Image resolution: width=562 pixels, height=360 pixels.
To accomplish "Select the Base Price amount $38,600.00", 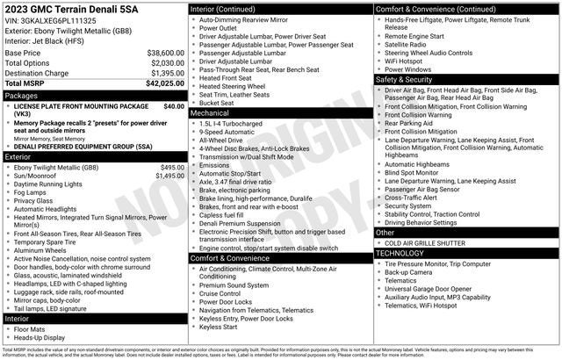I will click(165, 53).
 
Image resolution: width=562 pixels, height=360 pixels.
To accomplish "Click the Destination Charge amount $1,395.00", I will click(167, 73).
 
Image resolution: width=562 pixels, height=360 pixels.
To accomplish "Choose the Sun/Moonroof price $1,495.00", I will click(169, 176).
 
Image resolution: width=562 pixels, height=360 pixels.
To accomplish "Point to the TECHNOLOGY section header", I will click(400, 252).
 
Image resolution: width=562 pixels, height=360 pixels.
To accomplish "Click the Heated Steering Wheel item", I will click(232, 86).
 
